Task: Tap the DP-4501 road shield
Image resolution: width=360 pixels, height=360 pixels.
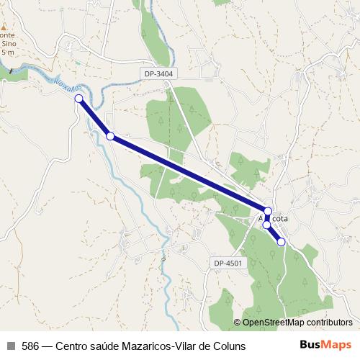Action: click(228, 264)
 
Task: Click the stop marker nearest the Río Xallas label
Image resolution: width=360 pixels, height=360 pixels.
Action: click(78, 99)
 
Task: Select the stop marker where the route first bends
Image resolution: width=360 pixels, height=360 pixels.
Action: click(110, 135)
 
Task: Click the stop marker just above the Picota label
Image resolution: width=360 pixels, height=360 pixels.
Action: click(268, 211)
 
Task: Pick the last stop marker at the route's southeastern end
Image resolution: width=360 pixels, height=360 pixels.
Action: click(282, 242)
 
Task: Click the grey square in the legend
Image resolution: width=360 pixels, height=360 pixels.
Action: click(10, 346)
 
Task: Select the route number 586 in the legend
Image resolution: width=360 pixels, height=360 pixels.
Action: click(30, 346)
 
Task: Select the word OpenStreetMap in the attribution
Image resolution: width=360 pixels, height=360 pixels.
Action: click(273, 323)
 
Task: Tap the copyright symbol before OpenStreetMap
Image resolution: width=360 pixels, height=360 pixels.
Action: click(237, 323)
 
